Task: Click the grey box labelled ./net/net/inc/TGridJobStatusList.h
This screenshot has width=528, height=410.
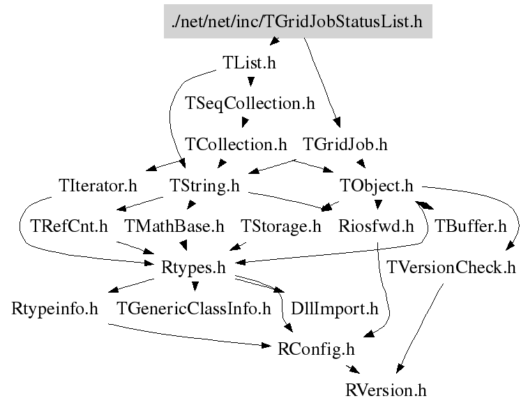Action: [297, 22]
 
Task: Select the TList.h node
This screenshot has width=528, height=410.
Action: [249, 62]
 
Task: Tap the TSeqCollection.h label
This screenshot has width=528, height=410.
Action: [250, 103]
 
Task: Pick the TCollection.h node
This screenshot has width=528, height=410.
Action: [236, 145]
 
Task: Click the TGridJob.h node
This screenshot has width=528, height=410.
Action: [345, 145]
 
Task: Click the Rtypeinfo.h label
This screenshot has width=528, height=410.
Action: [54, 308]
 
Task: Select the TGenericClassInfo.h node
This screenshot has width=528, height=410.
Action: [193, 308]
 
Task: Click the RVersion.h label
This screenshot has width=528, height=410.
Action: [385, 389]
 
